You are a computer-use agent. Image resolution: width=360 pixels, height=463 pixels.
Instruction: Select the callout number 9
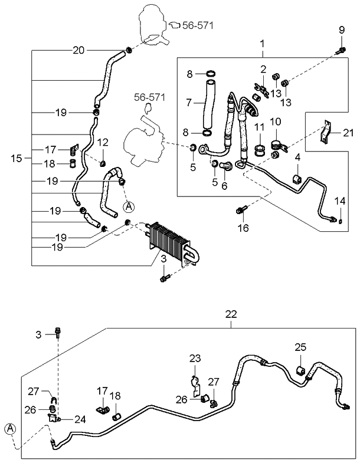click(x=342, y=30)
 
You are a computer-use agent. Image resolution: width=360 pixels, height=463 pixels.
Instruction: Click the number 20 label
click(x=78, y=50)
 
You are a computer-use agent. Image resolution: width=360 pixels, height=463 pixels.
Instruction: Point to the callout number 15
click(x=17, y=158)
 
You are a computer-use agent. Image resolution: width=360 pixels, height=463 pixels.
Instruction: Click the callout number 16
click(x=241, y=228)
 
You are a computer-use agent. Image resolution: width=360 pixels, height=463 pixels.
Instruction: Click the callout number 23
click(x=195, y=357)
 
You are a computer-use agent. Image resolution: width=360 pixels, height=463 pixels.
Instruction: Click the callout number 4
click(x=298, y=157)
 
